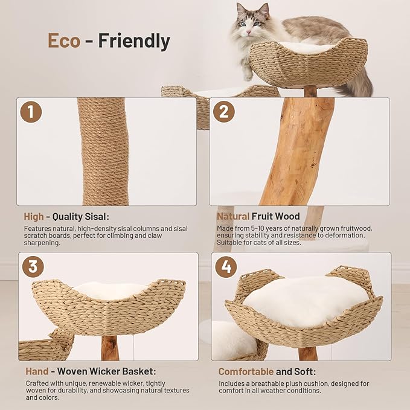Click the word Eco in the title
64,40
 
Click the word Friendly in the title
134,40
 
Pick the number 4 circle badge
226,266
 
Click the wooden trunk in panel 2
296,151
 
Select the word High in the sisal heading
34,216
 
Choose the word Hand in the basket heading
36,371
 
